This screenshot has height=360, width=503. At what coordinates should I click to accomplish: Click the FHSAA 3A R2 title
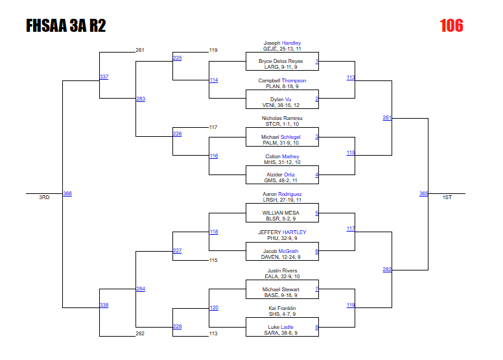click(x=66, y=26)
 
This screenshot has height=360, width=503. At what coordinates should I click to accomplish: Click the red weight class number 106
click(x=451, y=26)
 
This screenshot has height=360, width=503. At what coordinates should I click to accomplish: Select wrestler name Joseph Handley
click(x=282, y=43)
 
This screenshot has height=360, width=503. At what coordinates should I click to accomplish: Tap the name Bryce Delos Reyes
click(x=281, y=62)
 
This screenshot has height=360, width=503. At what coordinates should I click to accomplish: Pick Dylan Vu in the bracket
click(x=281, y=99)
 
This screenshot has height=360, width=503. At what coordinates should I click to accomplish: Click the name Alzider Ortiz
click(x=281, y=175)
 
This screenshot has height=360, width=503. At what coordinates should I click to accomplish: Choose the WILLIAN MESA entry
click(x=281, y=213)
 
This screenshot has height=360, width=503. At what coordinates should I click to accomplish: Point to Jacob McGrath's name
click(x=281, y=251)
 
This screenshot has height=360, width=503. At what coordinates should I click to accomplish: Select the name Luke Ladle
click(x=281, y=327)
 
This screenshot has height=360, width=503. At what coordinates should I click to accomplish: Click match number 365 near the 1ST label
click(x=423, y=193)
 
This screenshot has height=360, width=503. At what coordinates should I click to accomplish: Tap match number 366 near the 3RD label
click(x=67, y=193)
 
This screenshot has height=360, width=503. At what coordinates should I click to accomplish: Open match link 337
click(x=104, y=77)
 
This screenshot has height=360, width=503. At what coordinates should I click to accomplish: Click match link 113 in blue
click(x=351, y=77)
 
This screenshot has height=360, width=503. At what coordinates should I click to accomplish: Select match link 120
click(x=214, y=307)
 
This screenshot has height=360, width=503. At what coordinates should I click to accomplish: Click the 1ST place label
click(x=447, y=197)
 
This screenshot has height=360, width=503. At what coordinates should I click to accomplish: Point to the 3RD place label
click(x=44, y=197)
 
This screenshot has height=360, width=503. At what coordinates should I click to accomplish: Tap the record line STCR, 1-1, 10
click(x=282, y=124)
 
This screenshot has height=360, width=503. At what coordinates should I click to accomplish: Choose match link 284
click(x=141, y=288)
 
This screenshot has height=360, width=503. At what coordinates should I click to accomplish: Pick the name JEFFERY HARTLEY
click(x=282, y=232)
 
